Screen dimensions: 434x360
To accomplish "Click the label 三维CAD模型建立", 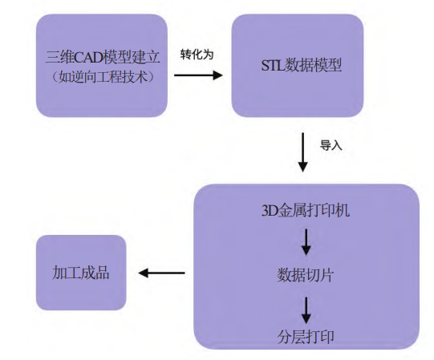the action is click(103, 57).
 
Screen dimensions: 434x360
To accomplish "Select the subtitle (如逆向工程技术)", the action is click(103, 77).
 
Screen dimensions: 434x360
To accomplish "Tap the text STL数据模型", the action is click(302, 65).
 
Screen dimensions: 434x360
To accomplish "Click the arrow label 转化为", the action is click(197, 55).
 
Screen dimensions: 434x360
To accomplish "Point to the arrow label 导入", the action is click(331, 145).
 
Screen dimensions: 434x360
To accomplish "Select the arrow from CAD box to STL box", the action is click(198, 75).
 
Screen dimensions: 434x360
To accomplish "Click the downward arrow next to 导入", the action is click(302, 152).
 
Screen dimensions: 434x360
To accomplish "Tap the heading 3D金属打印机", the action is click(306, 210).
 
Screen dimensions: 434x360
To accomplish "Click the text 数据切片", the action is click(306, 275).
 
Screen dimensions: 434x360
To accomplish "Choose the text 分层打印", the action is click(306, 337).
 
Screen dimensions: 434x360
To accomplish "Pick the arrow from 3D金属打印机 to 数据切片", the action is click(306, 242).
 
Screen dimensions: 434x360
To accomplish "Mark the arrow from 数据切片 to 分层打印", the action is click(306, 310).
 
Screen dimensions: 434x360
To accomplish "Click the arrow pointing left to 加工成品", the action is click(161, 273).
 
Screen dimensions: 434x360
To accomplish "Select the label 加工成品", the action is click(80, 273).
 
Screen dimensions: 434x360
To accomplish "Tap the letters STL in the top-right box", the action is click(273, 65).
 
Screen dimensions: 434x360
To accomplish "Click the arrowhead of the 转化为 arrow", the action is click(218, 75).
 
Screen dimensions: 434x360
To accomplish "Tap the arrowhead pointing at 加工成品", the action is click(144, 273).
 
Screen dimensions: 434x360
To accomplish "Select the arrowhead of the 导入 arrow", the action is click(302, 167).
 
